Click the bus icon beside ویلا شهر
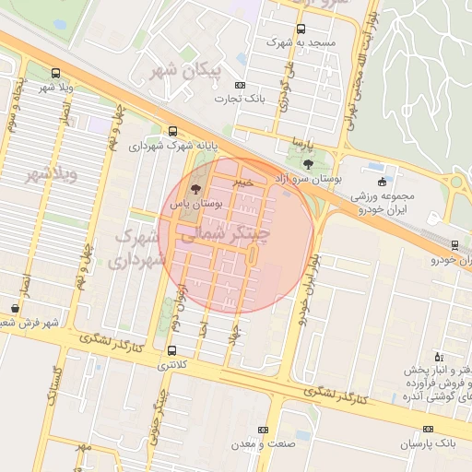pyautogui.click(x=57, y=73)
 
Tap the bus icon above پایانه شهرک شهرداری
pyautogui.click(x=172, y=131)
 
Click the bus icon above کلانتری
pyautogui.click(x=172, y=350)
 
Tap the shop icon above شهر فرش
pyautogui.click(x=14, y=308)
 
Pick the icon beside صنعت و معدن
pyautogui.click(x=263, y=430)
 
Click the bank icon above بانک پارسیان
pyautogui.click(x=428, y=430)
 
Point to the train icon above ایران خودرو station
pyautogui.click(x=454, y=245)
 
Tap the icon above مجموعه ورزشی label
pyautogui.click(x=383, y=181)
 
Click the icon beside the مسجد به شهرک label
pyautogui.click(x=301, y=29)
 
